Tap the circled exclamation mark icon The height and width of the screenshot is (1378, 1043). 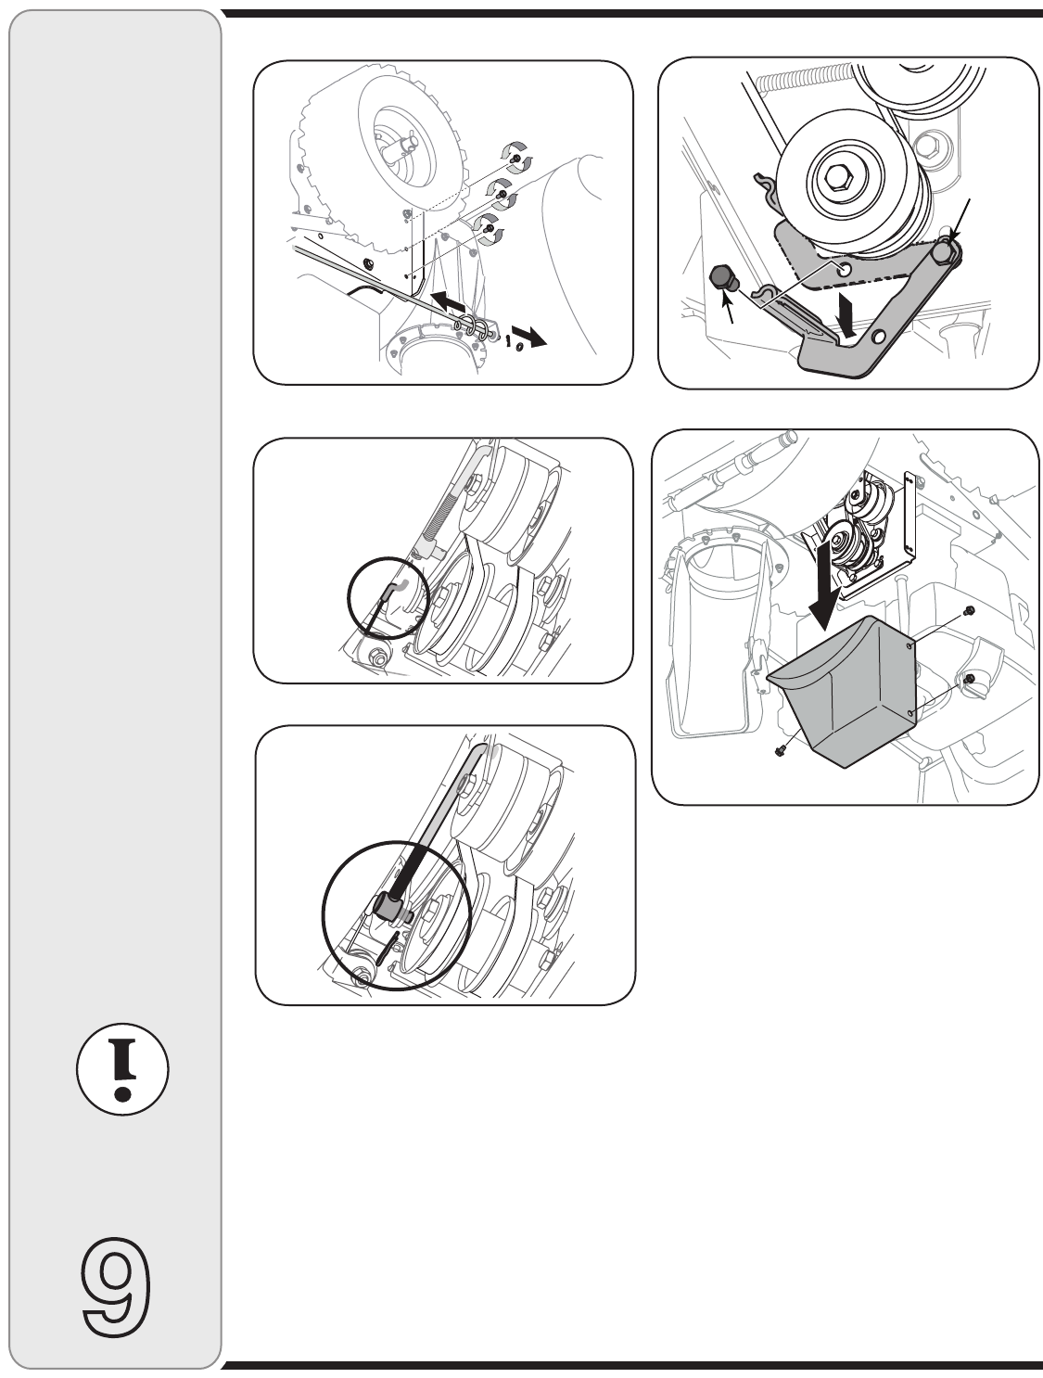coord(122,1069)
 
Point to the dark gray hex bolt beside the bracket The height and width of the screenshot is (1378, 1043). coord(723,277)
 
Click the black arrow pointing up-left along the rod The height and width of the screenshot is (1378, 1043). coord(451,300)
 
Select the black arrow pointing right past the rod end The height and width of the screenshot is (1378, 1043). coord(529,336)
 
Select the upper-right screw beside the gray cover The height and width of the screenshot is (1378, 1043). coord(968,609)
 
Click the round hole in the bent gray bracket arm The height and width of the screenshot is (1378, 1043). coord(879,336)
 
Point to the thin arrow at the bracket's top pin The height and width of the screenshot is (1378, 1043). coord(961,221)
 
